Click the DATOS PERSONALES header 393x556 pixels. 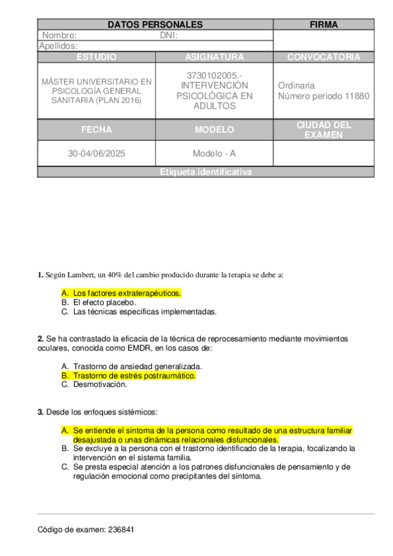click(155, 25)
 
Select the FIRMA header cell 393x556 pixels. click(323, 25)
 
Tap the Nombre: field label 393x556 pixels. click(59, 35)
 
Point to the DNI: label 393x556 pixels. click(169, 35)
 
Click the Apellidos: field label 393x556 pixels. click(58, 46)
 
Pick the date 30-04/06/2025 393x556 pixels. click(96, 153)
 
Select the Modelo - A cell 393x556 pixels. click(214, 153)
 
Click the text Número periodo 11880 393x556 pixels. click(323, 96)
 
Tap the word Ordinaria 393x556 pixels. click(296, 85)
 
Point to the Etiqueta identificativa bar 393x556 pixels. click(205, 172)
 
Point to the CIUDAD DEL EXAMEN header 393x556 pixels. click(323, 130)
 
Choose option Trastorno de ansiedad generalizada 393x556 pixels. click(137, 367)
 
